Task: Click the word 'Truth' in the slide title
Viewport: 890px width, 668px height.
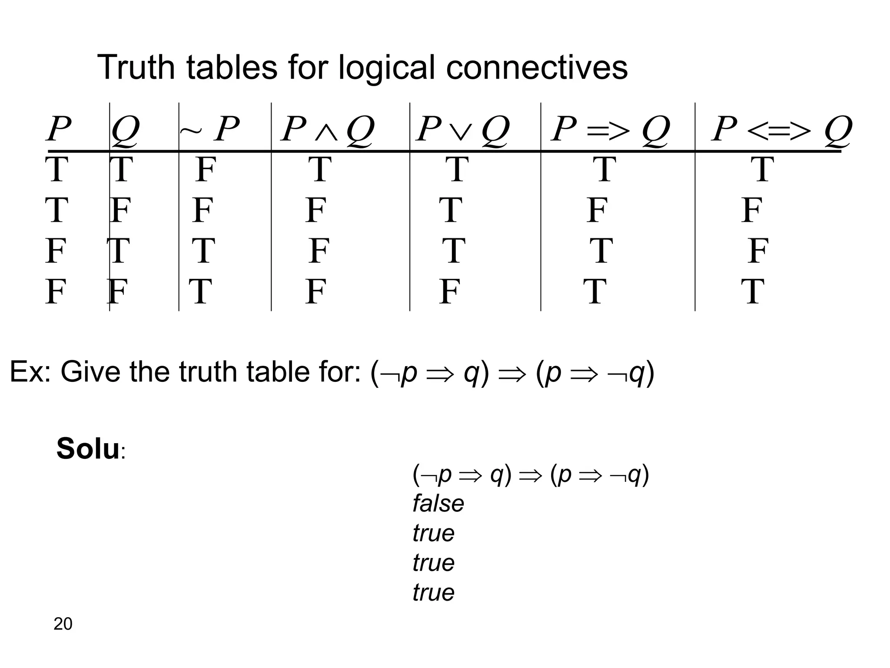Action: tap(136, 68)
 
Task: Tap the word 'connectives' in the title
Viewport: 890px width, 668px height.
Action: tap(537, 68)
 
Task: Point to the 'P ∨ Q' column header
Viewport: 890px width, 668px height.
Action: tap(462, 129)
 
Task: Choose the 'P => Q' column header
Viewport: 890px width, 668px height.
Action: tap(610, 129)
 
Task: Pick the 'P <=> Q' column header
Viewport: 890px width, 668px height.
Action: tap(781, 129)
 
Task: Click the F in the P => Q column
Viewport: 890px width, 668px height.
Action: tap(597, 210)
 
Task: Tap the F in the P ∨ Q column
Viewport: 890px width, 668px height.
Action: tap(449, 291)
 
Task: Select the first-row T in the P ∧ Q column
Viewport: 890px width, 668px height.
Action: tap(320, 170)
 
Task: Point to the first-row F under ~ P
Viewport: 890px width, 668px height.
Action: tap(205, 170)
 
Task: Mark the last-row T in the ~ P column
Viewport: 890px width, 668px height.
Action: tap(200, 291)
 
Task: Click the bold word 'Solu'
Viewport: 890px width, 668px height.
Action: tap(88, 449)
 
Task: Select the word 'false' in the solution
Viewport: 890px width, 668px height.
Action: tap(438, 504)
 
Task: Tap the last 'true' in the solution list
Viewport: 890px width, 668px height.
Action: tap(433, 592)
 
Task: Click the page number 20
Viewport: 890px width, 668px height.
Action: tap(63, 624)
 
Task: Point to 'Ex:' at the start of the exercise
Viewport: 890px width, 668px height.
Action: tap(30, 372)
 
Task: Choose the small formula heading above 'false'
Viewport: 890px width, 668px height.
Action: tap(531, 474)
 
